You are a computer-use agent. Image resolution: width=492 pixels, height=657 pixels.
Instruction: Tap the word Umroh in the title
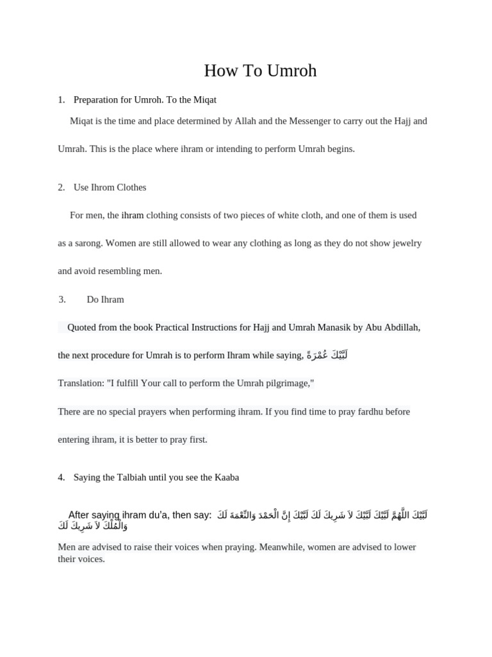click(x=289, y=71)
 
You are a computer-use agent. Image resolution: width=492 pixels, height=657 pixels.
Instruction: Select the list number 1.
click(x=61, y=100)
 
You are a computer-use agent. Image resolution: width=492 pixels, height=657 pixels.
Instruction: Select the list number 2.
click(x=61, y=187)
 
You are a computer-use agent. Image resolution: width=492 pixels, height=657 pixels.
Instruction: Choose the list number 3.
click(x=62, y=300)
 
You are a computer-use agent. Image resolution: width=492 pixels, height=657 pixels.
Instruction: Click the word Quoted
click(x=81, y=327)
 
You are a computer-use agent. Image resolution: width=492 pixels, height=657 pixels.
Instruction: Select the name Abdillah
click(x=401, y=327)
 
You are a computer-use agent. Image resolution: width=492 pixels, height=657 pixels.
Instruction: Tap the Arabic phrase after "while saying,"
click(x=327, y=355)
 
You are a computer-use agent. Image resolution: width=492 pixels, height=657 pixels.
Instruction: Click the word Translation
click(x=81, y=383)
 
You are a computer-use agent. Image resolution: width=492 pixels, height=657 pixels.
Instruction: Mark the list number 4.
click(x=61, y=477)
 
